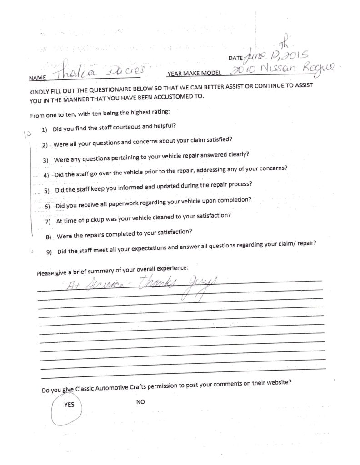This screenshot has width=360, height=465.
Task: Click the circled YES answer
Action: tap(69, 405)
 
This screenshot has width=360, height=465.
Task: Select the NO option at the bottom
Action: tap(140, 402)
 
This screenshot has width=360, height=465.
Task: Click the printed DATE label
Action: tap(235, 59)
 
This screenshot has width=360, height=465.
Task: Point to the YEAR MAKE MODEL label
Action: tap(194, 73)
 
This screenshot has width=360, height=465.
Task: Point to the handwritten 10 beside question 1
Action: tap(27, 134)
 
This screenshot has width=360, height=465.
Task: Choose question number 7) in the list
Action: tap(48, 222)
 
